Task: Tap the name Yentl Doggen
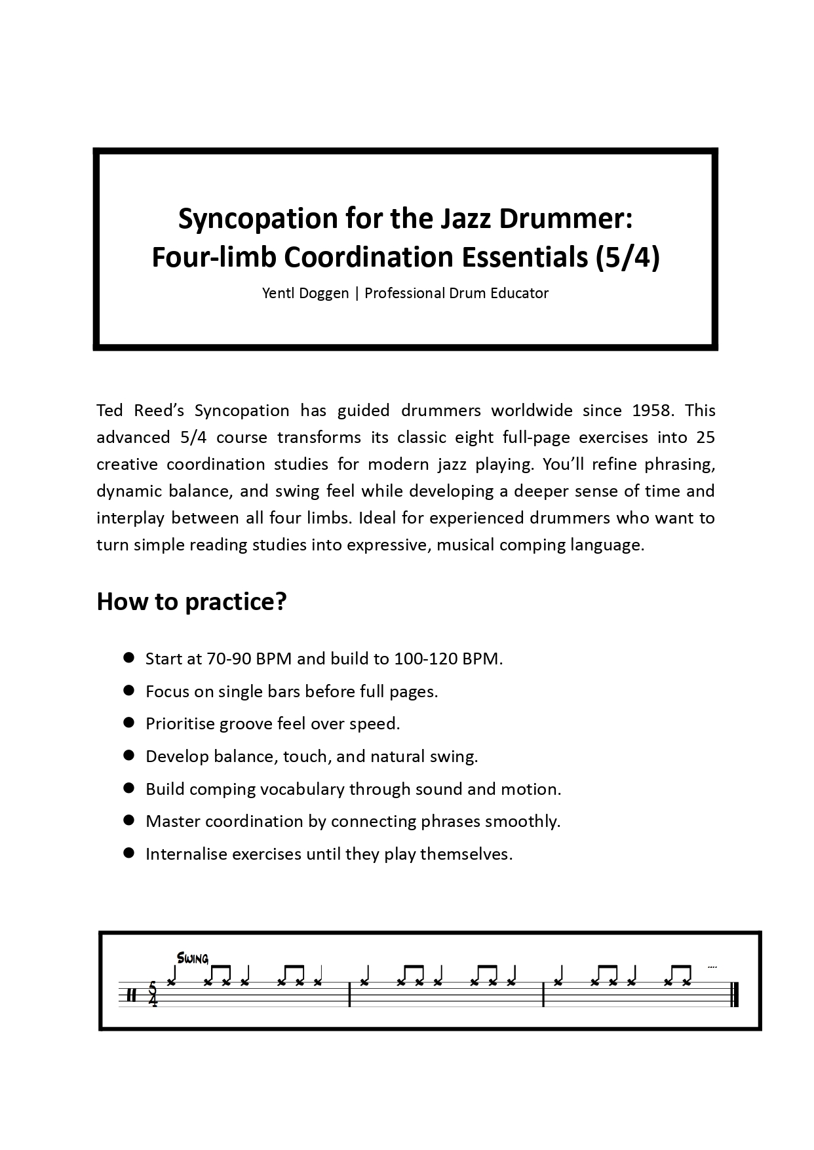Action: point(305,294)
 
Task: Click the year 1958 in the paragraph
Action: point(653,411)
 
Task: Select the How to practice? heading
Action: point(191,602)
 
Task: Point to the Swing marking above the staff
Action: point(193,959)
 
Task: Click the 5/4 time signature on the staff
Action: point(153,995)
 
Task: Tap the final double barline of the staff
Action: point(734,995)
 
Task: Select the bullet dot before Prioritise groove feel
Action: point(129,723)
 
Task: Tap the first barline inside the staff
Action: point(350,995)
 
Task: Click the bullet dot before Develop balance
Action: point(129,756)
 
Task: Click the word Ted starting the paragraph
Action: point(109,411)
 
